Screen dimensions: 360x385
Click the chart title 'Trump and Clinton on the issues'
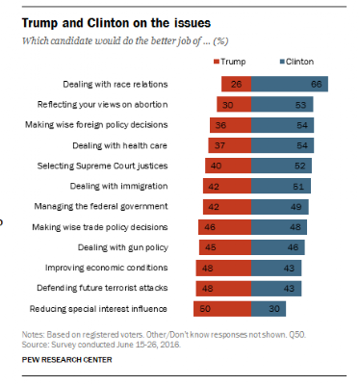(x=116, y=23)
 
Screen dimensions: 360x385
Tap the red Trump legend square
(x=217, y=62)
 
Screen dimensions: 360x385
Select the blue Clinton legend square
(x=282, y=62)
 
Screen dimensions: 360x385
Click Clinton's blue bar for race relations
(x=290, y=84)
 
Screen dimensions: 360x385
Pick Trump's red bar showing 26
(x=237, y=84)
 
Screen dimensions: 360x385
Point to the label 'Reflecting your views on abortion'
(x=102, y=105)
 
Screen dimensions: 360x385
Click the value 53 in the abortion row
(x=300, y=105)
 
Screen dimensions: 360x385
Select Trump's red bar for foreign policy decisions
(x=231, y=125)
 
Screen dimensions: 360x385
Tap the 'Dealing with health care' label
(x=119, y=145)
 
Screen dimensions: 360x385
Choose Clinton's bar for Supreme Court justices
(x=281, y=166)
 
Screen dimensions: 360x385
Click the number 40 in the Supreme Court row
(x=216, y=166)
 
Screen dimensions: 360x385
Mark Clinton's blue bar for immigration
(x=281, y=186)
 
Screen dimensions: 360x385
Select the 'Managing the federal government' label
(x=101, y=206)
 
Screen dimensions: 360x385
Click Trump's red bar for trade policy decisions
(x=225, y=227)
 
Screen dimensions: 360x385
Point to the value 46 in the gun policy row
(x=293, y=247)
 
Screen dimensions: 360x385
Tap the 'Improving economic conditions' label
(x=106, y=268)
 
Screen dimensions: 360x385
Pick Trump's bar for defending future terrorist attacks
(x=223, y=289)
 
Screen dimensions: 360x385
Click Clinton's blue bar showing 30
(x=269, y=309)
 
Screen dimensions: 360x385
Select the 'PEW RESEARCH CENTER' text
(x=66, y=360)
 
